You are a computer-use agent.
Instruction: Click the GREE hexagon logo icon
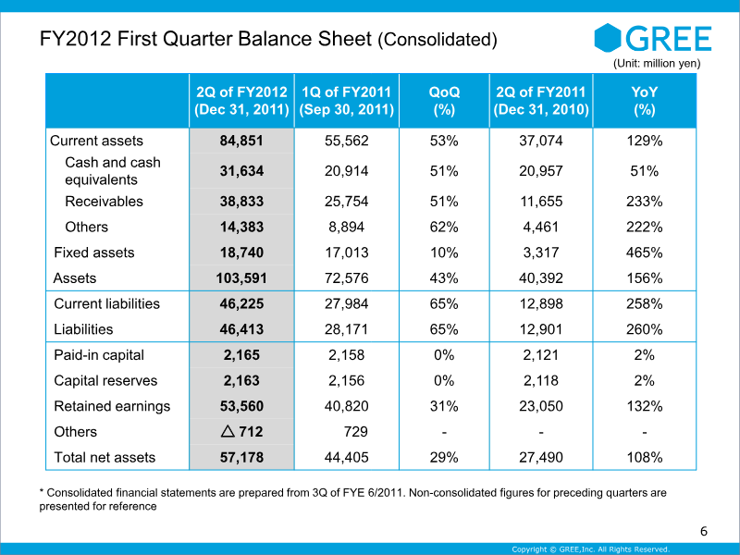coord(608,38)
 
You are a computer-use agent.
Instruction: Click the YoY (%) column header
coord(644,101)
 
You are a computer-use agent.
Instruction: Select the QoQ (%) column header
coord(444,101)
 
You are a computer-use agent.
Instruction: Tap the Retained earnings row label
coord(112,406)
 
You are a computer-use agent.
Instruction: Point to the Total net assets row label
coord(105,457)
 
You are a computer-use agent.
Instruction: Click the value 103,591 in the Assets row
coord(241,278)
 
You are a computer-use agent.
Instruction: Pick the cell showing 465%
coord(644,253)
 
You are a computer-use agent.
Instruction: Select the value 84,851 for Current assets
coord(241,141)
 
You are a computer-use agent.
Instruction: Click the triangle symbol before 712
coord(228,431)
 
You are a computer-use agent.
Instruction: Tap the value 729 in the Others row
coord(356,432)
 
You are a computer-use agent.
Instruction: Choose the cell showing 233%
coord(644,202)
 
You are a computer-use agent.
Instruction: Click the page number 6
coord(704,531)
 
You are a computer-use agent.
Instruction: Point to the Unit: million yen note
coord(657,63)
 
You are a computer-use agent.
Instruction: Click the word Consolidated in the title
coord(437,39)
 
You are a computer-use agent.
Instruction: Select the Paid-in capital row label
coord(99,355)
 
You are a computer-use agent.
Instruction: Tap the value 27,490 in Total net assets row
coord(541,457)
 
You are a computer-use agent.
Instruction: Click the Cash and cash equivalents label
coord(113,171)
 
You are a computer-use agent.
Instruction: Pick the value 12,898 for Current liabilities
coord(541,304)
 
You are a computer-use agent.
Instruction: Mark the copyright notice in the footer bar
coord(591,549)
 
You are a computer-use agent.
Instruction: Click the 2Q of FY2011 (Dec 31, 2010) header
coord(541,101)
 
